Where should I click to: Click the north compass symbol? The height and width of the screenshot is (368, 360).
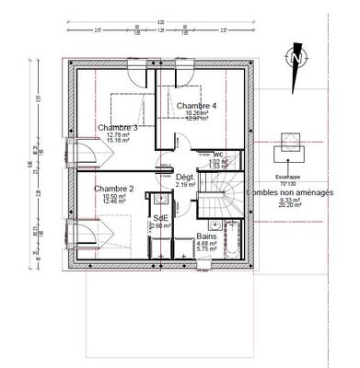pos(296,56)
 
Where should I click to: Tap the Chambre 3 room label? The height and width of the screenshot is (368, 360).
pos(117,127)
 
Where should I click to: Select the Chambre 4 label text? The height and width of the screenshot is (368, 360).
pos(195,106)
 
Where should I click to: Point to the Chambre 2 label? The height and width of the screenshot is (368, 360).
pos(112,189)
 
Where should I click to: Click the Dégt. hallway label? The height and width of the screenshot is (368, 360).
pos(185,176)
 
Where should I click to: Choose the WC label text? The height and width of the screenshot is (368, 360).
pos(218,154)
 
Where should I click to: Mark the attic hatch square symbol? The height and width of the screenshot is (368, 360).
pos(288,144)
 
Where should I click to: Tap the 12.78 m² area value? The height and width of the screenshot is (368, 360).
pos(117,135)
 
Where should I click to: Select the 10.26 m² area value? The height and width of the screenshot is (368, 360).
pos(195,113)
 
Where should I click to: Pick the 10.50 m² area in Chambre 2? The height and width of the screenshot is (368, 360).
pos(113,196)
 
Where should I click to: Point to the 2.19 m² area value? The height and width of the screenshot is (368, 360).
pos(186,184)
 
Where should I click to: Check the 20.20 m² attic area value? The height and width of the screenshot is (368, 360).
pos(289,207)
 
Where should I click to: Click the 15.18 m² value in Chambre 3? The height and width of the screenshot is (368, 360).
pos(117,142)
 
